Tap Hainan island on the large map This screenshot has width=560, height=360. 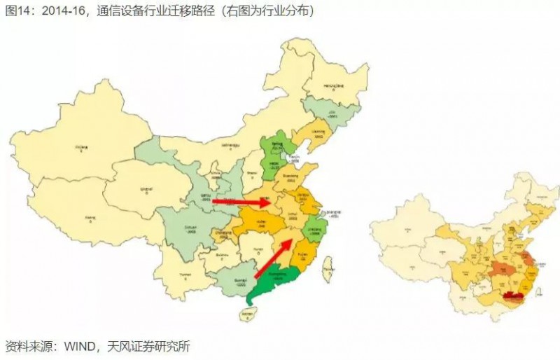pos(246,317)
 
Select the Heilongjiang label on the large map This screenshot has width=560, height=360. pos(335,85)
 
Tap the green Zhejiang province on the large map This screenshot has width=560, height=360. pos(314,230)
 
